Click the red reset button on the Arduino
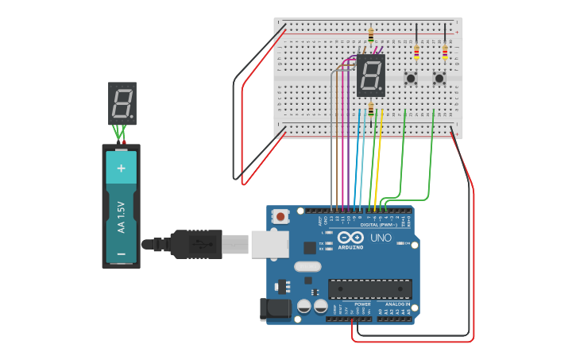[280, 216]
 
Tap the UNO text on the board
[381, 238]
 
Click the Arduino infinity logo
[350, 238]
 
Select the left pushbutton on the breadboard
[411, 78]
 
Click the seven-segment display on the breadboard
[371, 76]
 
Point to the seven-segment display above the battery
[122, 103]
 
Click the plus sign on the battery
[122, 168]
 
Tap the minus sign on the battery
[122, 254]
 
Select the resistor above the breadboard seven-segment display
[371, 36]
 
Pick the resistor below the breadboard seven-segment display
[371, 109]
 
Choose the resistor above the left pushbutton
[416, 52]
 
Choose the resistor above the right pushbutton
[445, 52]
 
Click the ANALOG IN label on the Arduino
[397, 304]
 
